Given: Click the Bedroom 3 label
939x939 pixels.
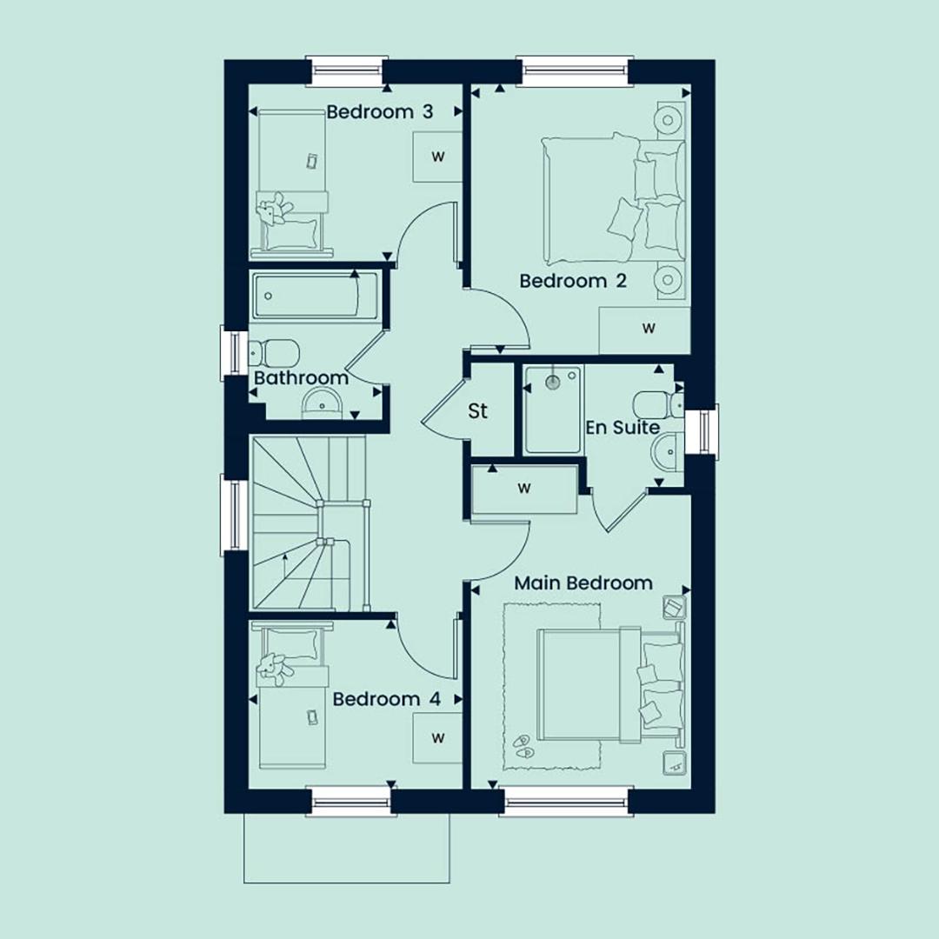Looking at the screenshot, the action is click(x=380, y=112).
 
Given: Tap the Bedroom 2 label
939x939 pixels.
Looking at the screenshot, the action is click(x=572, y=281).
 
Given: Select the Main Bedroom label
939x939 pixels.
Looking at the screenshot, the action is click(x=583, y=583).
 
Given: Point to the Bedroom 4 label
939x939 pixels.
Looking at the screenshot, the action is click(x=386, y=699).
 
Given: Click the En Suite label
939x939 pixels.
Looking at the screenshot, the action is click(x=623, y=427).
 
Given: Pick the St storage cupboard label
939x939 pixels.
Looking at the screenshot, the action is click(x=477, y=410).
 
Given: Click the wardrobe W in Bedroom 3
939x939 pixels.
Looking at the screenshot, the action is click(x=437, y=156).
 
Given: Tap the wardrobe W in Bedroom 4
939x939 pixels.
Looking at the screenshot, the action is click(x=437, y=738).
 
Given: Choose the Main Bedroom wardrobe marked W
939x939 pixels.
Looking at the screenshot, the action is click(x=524, y=489).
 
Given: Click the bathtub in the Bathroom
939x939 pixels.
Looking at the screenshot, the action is click(x=316, y=296).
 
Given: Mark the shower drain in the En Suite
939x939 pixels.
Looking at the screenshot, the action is click(x=554, y=379).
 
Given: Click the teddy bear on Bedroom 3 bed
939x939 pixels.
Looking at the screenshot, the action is click(x=274, y=210).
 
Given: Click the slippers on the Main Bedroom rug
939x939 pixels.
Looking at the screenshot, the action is click(x=523, y=746).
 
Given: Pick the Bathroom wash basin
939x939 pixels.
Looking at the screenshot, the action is click(x=323, y=403).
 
